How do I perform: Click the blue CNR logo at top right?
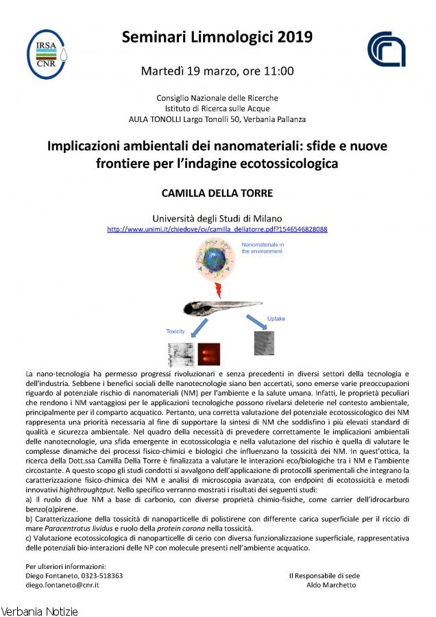(x=386, y=49)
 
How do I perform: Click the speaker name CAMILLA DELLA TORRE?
(x=217, y=191)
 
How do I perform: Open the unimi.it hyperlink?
(x=217, y=229)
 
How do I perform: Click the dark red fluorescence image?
(x=208, y=354)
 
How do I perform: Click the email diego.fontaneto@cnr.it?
(x=62, y=585)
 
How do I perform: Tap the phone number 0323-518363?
(x=102, y=576)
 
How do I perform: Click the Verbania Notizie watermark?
(x=40, y=610)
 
